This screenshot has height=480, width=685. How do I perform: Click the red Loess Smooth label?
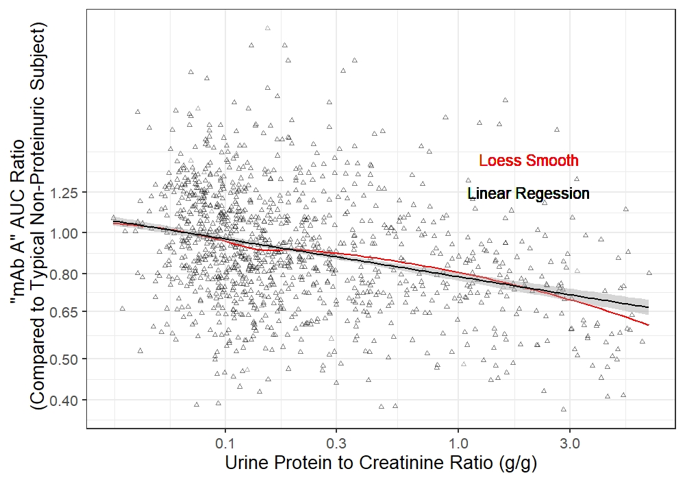(x=528, y=161)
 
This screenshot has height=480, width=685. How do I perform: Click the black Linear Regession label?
(x=527, y=194)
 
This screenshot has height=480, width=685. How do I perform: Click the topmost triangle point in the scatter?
(x=267, y=28)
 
